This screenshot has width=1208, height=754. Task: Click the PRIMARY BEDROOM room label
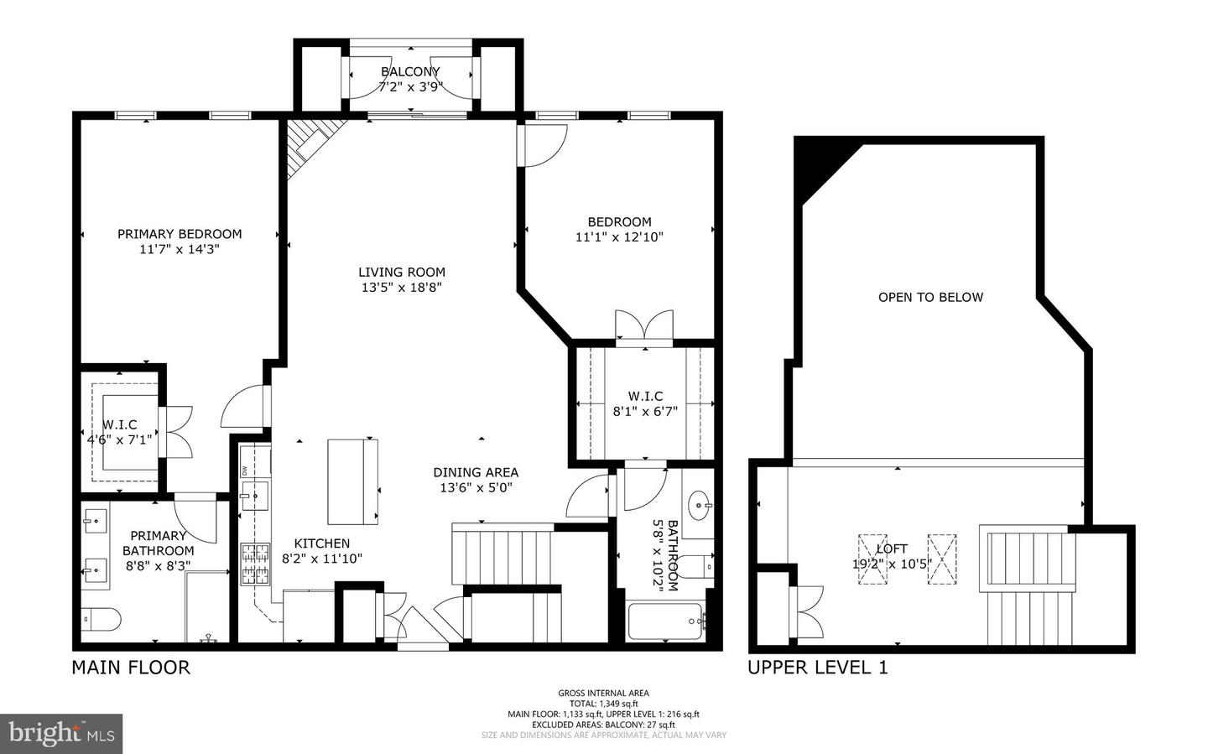pyautogui.click(x=180, y=234)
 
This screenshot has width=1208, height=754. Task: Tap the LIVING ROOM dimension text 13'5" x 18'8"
pyautogui.click(x=402, y=288)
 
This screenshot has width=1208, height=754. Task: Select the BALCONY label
pyautogui.click(x=410, y=72)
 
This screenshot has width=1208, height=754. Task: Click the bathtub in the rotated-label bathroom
pyautogui.click(x=665, y=621)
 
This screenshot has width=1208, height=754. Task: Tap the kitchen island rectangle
pyautogui.click(x=352, y=481)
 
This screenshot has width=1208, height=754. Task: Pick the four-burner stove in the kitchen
pyautogui.click(x=255, y=564)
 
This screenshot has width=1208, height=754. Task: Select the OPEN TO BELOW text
pyautogui.click(x=930, y=297)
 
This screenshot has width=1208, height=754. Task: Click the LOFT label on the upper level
pyautogui.click(x=892, y=549)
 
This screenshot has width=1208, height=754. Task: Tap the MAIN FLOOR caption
pyautogui.click(x=131, y=668)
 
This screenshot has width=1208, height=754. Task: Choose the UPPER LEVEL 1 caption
pyautogui.click(x=817, y=668)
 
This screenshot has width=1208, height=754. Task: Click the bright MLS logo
pyautogui.click(x=61, y=734)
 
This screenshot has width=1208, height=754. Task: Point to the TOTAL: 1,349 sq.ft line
pyautogui.click(x=603, y=704)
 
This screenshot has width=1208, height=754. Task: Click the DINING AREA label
pyautogui.click(x=476, y=472)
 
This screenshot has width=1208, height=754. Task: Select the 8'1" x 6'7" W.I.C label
pyautogui.click(x=645, y=412)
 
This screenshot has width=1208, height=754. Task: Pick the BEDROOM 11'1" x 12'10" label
pyautogui.click(x=619, y=229)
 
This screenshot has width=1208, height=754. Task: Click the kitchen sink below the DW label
pyautogui.click(x=254, y=496)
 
